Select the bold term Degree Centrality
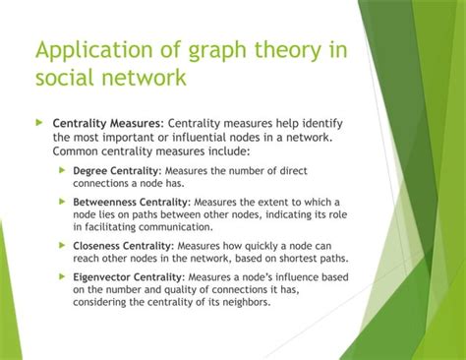point(116,170)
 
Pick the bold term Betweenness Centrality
point(132,202)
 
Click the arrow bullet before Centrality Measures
point(40,123)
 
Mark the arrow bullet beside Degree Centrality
point(62,170)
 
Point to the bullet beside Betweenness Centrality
point(62,202)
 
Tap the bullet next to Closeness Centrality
point(62,246)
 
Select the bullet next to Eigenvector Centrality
point(62,277)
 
